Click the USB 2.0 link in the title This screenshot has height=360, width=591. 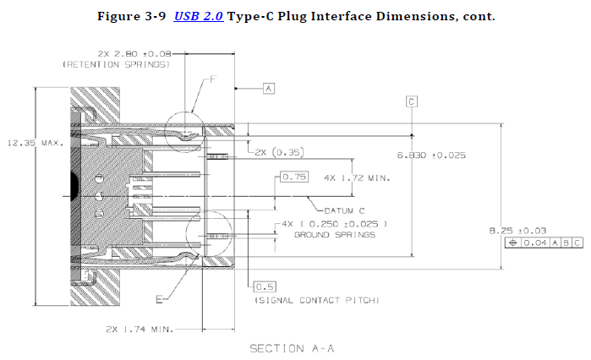tap(198, 17)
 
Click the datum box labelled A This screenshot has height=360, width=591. tap(269, 89)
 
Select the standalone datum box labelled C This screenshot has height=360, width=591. tap(412, 101)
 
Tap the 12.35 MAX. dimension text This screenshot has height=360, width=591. tap(36, 143)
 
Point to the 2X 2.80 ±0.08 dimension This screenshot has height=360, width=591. tap(134, 54)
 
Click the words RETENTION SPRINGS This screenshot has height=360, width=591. tap(117, 65)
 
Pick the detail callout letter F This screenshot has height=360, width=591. tap(213, 79)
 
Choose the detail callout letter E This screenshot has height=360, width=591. tap(160, 299)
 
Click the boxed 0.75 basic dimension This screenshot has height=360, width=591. tap(294, 177)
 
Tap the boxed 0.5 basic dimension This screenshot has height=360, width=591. tap(265, 287)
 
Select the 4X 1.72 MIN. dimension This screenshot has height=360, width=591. tap(357, 177)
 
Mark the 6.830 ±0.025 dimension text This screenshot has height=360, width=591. tap(431, 155)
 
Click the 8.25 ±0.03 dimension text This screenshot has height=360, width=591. tap(517, 231)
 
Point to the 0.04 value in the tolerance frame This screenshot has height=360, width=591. tap(535, 243)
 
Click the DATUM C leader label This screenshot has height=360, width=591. tap(344, 211)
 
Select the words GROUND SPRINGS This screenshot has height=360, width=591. tap(335, 235)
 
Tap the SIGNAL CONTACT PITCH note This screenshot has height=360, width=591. tap(317, 300)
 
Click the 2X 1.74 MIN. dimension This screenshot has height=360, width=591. tap(140, 330)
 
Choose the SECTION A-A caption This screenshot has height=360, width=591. tap(292, 349)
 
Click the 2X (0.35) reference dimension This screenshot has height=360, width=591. tap(279, 152)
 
